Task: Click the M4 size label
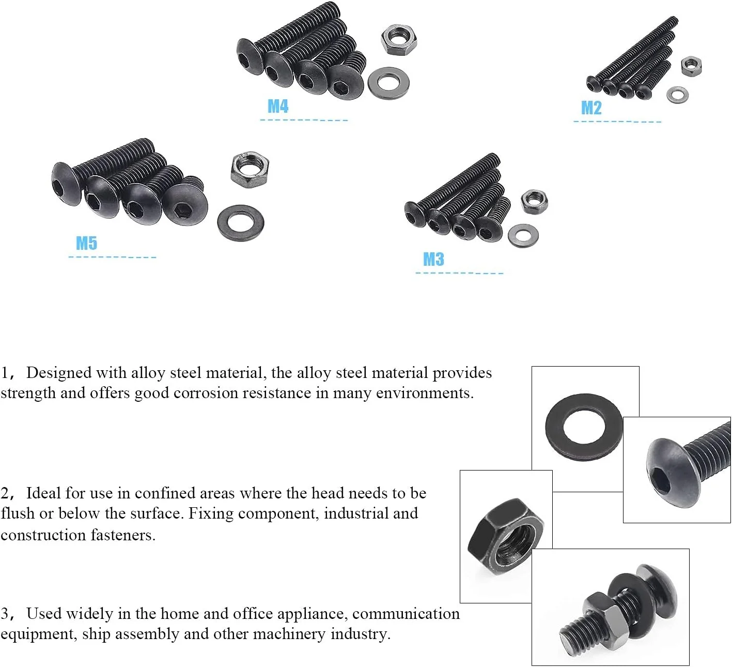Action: coord(277,107)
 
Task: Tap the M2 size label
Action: coord(591,108)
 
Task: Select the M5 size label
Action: coord(86,243)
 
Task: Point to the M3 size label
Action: coord(433,259)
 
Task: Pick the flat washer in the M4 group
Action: coord(388,82)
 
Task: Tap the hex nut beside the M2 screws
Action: coord(691,66)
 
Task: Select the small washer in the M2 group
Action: coord(677,94)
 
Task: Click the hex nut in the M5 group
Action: coord(249,169)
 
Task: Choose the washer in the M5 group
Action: coord(241,223)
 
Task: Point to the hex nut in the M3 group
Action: coord(534,202)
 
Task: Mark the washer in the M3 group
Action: coord(523,236)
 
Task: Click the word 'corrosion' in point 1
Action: coord(207,393)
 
